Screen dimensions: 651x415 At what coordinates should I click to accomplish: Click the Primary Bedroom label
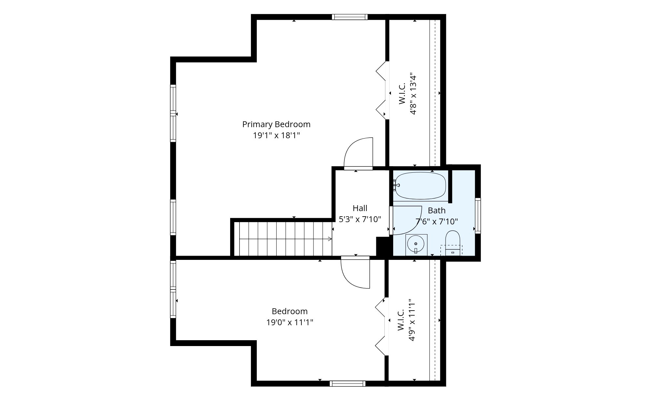pos(276,125)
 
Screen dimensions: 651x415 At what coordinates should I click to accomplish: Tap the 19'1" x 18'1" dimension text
pos(276,136)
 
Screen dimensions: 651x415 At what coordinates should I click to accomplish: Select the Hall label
pos(360,208)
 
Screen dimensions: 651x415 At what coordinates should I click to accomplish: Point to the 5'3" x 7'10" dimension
pos(360,220)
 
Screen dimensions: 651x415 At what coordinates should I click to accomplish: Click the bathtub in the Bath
pos(420,186)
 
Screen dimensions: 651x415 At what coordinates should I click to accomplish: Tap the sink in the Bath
pos(416,245)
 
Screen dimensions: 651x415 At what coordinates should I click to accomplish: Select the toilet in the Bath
pos(452,243)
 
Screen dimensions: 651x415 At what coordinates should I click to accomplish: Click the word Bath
pos(436,210)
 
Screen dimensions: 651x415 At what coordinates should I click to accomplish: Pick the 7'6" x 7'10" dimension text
pos(437,222)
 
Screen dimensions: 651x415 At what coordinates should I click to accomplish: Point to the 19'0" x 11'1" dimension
pos(290,323)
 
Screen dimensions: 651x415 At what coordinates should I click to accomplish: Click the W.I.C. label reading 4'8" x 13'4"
pos(408,93)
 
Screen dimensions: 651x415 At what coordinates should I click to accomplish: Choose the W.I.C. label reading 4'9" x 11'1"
pos(407,320)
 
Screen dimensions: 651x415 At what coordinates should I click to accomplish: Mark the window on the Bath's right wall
pos(478,216)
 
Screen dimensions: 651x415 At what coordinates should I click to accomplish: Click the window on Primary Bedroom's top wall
pos(350,17)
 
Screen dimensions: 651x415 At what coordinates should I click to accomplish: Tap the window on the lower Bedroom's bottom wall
pos(347,384)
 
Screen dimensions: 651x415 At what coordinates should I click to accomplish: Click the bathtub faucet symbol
pos(396,185)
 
